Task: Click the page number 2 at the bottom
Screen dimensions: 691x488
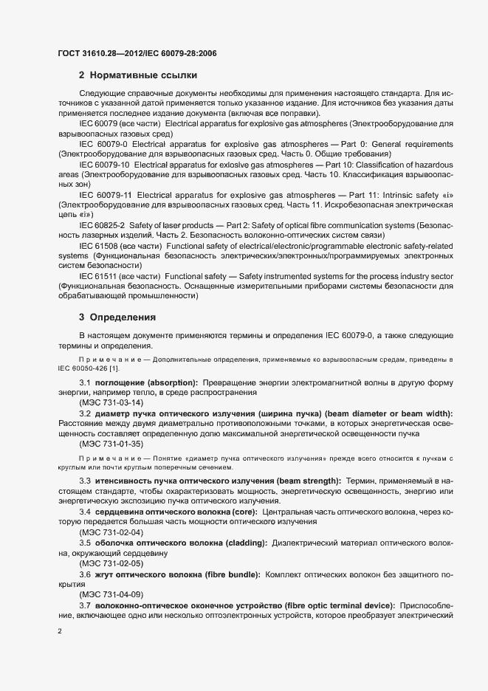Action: point(60,631)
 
